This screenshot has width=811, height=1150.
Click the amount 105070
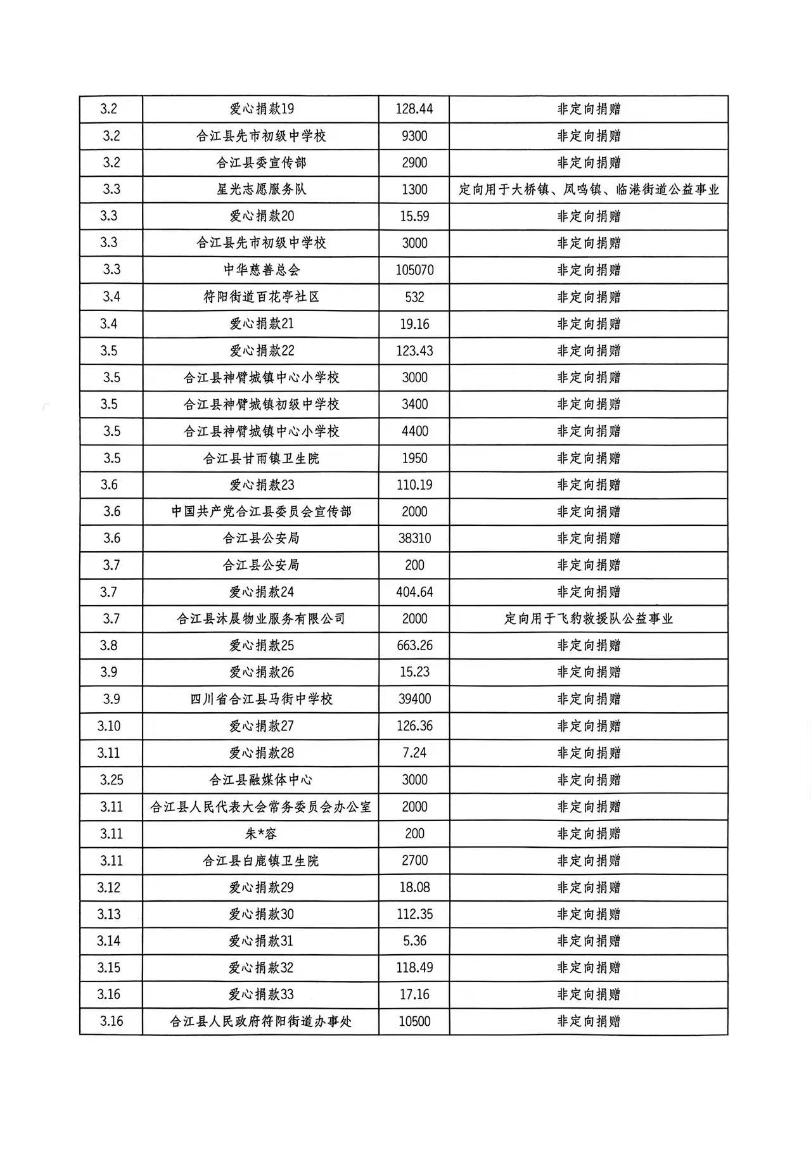(x=414, y=270)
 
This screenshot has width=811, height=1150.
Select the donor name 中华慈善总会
(x=261, y=270)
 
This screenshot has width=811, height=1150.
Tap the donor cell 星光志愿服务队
(x=261, y=189)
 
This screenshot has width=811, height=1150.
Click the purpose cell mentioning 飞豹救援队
(x=588, y=618)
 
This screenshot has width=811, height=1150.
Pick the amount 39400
(x=414, y=699)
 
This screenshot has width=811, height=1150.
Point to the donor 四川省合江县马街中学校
(x=261, y=699)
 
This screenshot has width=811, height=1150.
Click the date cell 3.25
(x=112, y=780)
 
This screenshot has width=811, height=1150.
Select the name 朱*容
(x=261, y=834)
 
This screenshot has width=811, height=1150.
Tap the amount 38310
(x=414, y=538)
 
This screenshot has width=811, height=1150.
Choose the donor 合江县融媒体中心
(x=261, y=780)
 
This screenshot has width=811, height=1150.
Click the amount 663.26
(x=414, y=645)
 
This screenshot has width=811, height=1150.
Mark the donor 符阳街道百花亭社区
(x=261, y=297)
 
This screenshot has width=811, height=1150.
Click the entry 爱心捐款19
(x=261, y=109)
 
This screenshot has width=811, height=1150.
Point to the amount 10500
(x=414, y=1021)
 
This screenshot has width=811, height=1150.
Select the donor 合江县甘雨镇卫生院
(x=261, y=458)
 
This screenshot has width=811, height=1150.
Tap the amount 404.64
(x=414, y=592)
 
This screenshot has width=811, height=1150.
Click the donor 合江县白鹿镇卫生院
(x=261, y=860)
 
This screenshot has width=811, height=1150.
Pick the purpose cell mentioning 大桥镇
(x=588, y=189)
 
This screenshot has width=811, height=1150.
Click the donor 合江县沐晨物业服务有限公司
(x=261, y=618)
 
